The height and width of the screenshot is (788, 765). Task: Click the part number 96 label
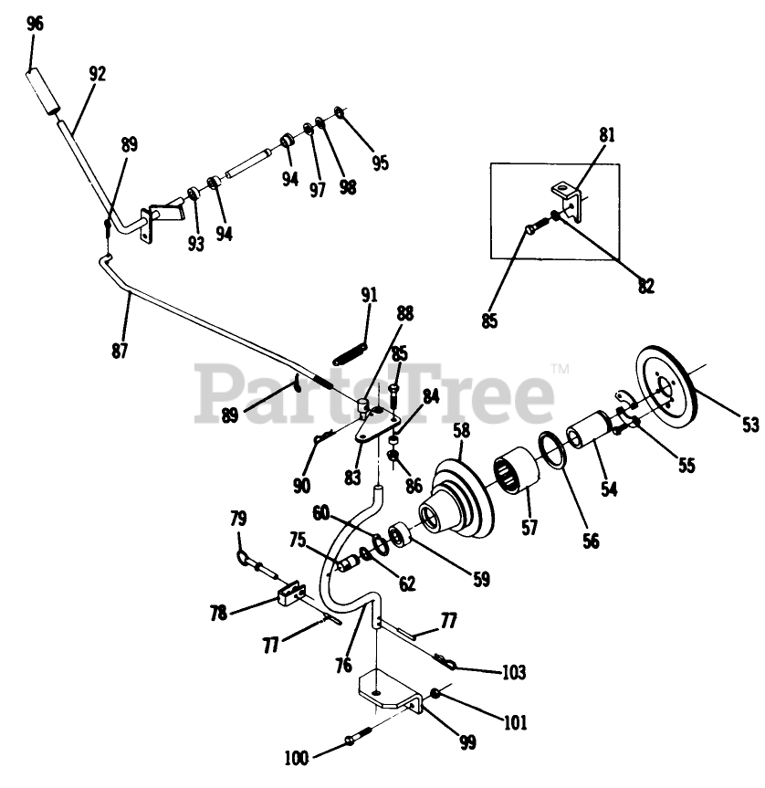click(x=35, y=25)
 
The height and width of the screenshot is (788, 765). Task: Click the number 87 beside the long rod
click(x=121, y=350)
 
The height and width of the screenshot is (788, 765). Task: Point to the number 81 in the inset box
click(x=607, y=135)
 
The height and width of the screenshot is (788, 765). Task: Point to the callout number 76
click(x=342, y=666)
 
